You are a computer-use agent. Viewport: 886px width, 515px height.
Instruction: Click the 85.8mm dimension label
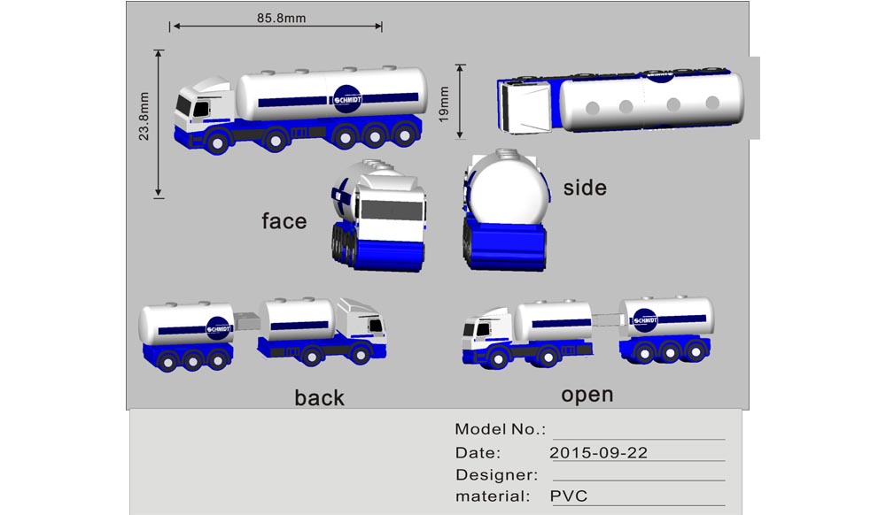[282, 18]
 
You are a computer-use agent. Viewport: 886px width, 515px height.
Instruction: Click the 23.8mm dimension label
[144, 116]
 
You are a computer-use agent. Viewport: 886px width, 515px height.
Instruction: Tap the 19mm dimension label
[444, 104]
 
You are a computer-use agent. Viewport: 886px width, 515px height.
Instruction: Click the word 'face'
[284, 220]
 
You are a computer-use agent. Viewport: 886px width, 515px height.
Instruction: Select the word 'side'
[585, 188]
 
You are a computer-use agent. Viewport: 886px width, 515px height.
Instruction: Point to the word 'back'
[319, 397]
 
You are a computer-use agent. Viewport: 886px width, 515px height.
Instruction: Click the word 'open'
[587, 395]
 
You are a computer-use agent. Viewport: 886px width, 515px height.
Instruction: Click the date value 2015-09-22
[598, 452]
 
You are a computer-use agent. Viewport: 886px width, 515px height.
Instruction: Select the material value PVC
[569, 496]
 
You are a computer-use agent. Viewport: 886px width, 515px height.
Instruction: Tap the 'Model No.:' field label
[500, 429]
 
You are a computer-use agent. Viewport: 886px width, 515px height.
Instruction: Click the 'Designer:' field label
[497, 474]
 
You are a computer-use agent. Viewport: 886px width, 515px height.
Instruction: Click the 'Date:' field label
[478, 452]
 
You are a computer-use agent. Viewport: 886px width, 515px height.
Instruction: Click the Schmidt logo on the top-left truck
[347, 99]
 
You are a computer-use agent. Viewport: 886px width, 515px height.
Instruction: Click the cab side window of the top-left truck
[201, 108]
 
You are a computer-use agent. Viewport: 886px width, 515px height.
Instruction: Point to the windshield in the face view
[392, 210]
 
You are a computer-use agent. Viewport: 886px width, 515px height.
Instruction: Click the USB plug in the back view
[246, 321]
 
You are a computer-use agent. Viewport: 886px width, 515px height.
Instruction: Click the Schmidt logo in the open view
[645, 320]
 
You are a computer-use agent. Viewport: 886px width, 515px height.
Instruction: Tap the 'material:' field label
[493, 496]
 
